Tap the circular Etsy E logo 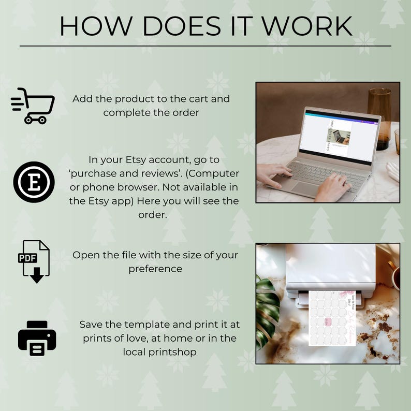coord(34,182)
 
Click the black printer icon coord(37,338)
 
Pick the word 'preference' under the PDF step coord(155,269)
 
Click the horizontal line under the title coord(205,46)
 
